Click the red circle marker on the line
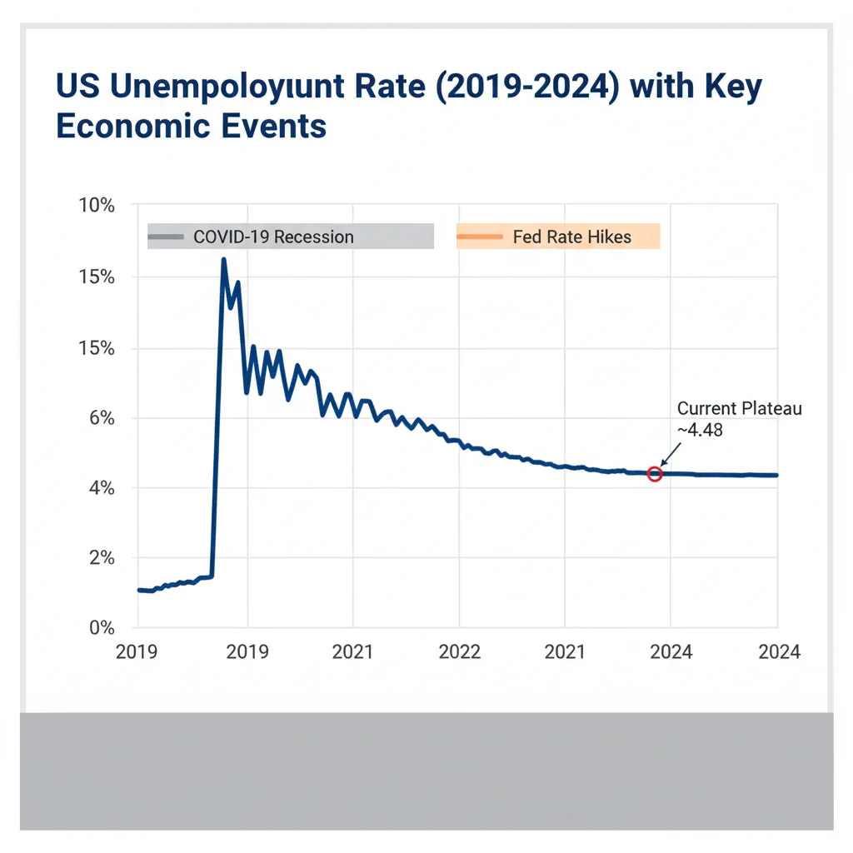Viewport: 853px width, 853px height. tap(655, 474)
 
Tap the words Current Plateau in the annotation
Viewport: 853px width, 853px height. tap(739, 409)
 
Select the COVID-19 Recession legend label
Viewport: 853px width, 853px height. tap(273, 237)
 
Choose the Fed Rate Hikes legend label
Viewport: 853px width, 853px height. tap(571, 237)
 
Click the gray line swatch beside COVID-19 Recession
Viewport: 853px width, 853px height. tap(166, 237)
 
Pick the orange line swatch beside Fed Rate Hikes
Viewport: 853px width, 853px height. tap(480, 237)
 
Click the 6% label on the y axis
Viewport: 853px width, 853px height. tap(101, 417)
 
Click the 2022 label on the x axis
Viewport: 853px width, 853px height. tap(459, 651)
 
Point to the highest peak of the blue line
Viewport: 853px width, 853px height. tap(223, 260)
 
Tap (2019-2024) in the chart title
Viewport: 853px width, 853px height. tap(490, 87)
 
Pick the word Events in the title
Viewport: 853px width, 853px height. tap(281, 127)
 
